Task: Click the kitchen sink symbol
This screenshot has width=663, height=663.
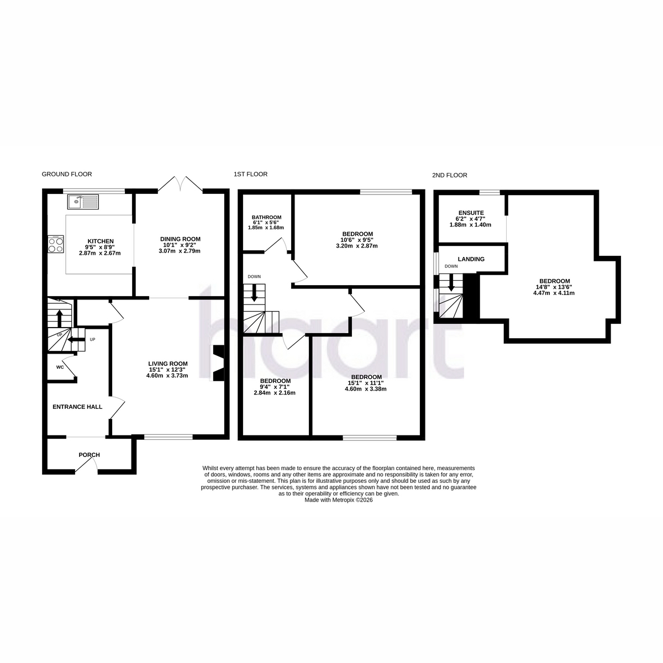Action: point(83,202)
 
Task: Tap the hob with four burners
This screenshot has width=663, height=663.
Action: point(56,244)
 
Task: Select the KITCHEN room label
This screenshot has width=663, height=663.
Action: point(101,241)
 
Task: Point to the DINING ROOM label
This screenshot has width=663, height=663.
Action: point(180,239)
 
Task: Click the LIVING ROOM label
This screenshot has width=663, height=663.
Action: point(168,364)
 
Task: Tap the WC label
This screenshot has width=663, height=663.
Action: point(60,367)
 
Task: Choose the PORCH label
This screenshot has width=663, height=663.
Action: point(89,455)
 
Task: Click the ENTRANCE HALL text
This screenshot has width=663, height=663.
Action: point(77,407)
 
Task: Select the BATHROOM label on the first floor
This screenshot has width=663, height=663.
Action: point(266,217)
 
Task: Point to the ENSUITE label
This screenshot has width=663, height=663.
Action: point(471,213)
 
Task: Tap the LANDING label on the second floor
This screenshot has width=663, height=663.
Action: point(471,259)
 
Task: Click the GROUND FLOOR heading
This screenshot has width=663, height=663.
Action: point(67,174)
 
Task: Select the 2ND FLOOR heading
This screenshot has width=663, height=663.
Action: point(449,175)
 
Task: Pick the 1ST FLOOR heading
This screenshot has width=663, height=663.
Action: point(250,174)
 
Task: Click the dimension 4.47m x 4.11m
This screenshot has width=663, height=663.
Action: point(554,293)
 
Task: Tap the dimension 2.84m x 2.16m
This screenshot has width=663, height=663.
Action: point(275,393)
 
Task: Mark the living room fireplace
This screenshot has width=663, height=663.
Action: point(218,363)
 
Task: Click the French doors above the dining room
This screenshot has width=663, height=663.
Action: point(180,183)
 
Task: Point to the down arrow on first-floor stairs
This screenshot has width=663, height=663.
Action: point(254,293)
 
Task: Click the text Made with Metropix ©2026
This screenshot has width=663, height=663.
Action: point(338,500)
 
